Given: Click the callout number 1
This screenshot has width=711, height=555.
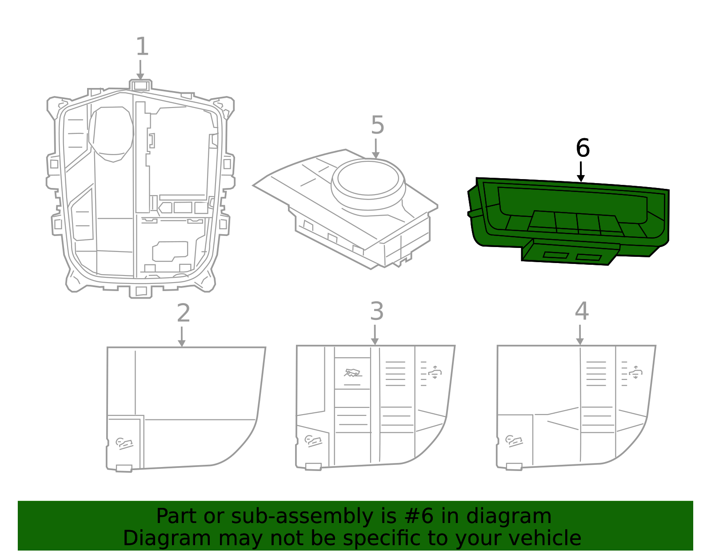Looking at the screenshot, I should [142, 47].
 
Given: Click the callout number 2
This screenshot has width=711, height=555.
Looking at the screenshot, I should [184, 313].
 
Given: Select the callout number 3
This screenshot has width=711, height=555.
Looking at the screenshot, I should [376, 311].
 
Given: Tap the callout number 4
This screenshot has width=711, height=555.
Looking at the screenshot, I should [582, 311].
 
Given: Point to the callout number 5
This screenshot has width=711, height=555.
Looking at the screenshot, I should [377, 125].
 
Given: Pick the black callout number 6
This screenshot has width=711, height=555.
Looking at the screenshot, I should [583, 148].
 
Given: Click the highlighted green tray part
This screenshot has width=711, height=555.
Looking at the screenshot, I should [569, 213].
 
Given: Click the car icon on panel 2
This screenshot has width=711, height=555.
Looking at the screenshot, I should [124, 443].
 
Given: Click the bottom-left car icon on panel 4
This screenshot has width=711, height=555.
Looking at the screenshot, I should [514, 441].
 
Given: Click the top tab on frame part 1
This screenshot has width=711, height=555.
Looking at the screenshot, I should [140, 85].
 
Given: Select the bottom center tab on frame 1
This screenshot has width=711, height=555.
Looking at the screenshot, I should [140, 291].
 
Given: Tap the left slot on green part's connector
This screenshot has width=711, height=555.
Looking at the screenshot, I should [555, 256].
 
